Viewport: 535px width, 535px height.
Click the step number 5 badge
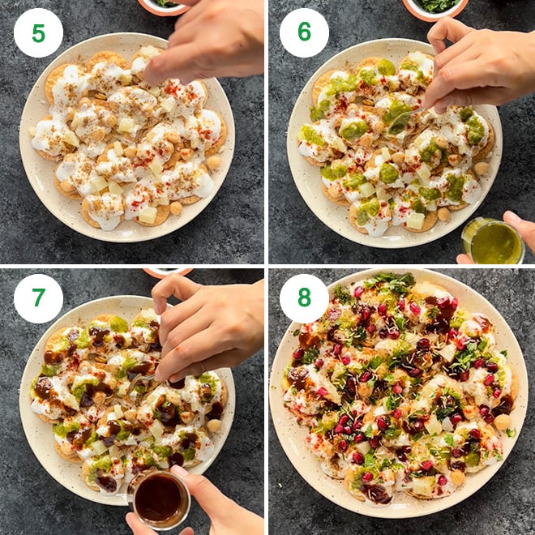click(38, 32)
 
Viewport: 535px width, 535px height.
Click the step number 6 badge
click(304, 32)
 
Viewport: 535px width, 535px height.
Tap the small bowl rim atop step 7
click(166, 272)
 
